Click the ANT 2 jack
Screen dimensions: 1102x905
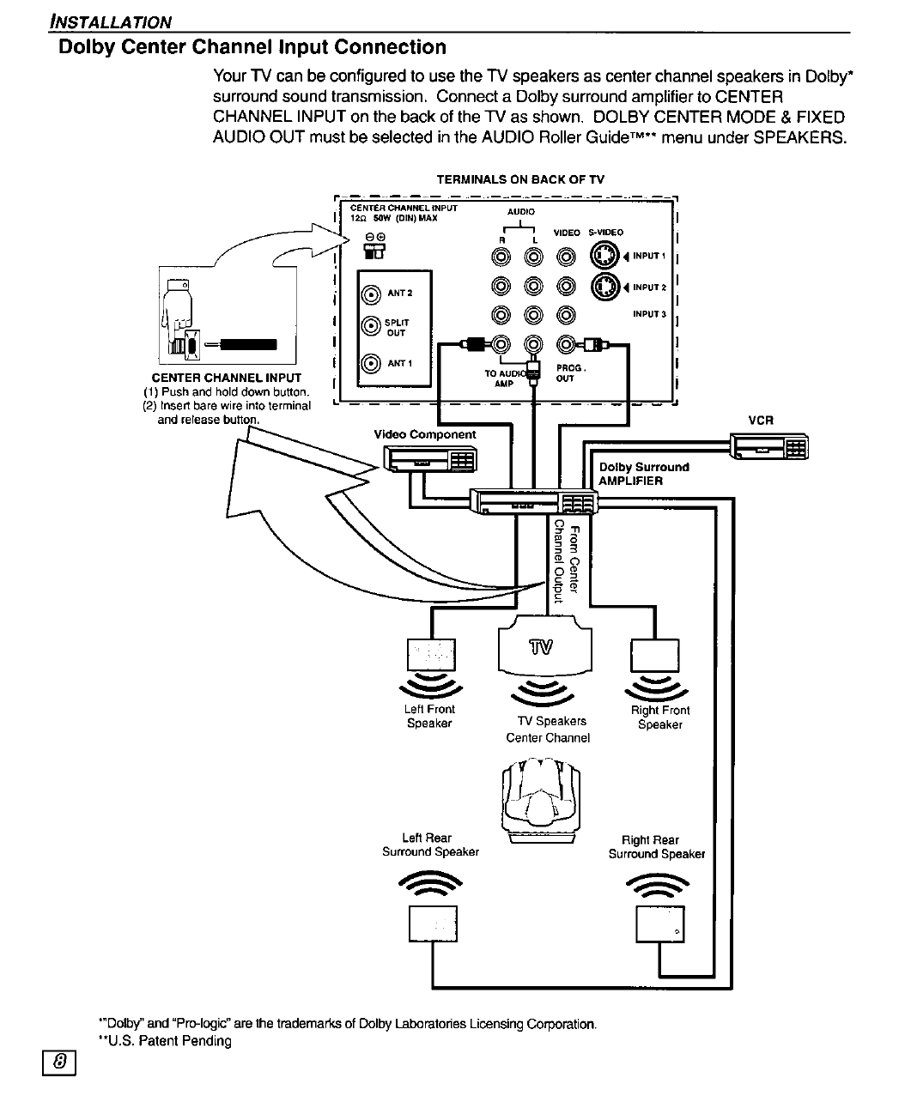click(x=371, y=294)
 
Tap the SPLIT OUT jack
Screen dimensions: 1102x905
click(x=371, y=326)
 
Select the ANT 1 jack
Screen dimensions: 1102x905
click(x=371, y=363)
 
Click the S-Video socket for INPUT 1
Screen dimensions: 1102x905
click(x=604, y=256)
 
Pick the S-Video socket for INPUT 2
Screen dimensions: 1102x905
click(x=604, y=287)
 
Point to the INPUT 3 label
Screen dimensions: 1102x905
click(x=649, y=314)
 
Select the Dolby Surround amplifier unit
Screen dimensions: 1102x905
click(x=532, y=500)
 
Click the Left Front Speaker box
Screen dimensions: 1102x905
click(x=431, y=656)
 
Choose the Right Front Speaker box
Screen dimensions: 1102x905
click(x=654, y=656)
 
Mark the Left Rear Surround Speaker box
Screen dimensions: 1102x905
click(x=433, y=923)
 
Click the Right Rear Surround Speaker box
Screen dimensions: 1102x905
click(x=659, y=924)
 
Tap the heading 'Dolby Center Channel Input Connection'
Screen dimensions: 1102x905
click(x=252, y=47)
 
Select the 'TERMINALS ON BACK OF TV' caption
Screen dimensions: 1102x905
click(x=520, y=179)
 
